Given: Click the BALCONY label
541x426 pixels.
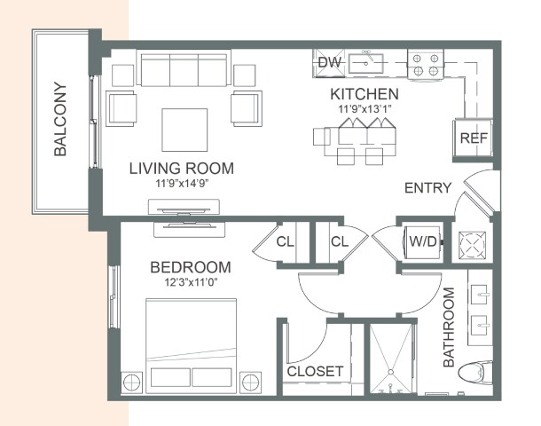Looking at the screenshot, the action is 60,119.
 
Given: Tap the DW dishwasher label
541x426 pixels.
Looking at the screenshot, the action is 330,62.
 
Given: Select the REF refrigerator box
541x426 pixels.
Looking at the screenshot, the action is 473,138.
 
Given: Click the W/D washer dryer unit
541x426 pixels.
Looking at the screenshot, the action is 423,241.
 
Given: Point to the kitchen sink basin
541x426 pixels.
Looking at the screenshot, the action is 365,64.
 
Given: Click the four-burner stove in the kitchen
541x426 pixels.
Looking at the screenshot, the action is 426,65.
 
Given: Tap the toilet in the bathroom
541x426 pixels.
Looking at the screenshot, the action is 475,372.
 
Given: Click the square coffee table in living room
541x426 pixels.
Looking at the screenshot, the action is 184,130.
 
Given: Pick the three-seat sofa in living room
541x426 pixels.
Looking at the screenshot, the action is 184,68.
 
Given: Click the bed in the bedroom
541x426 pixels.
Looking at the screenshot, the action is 192,345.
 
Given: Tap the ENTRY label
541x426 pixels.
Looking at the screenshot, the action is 427,188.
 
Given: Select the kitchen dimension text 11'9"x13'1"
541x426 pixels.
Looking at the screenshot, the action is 365,109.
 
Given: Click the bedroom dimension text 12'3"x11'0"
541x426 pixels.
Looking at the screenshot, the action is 191,283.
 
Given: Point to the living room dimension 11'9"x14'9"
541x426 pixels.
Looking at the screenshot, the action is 182,184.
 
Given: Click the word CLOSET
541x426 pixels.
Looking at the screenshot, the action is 315,372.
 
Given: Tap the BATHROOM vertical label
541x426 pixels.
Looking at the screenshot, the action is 449,327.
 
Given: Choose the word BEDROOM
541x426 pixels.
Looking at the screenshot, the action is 191,267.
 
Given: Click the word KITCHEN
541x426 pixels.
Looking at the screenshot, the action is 365,94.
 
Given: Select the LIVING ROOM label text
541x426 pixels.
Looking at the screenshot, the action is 182,168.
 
